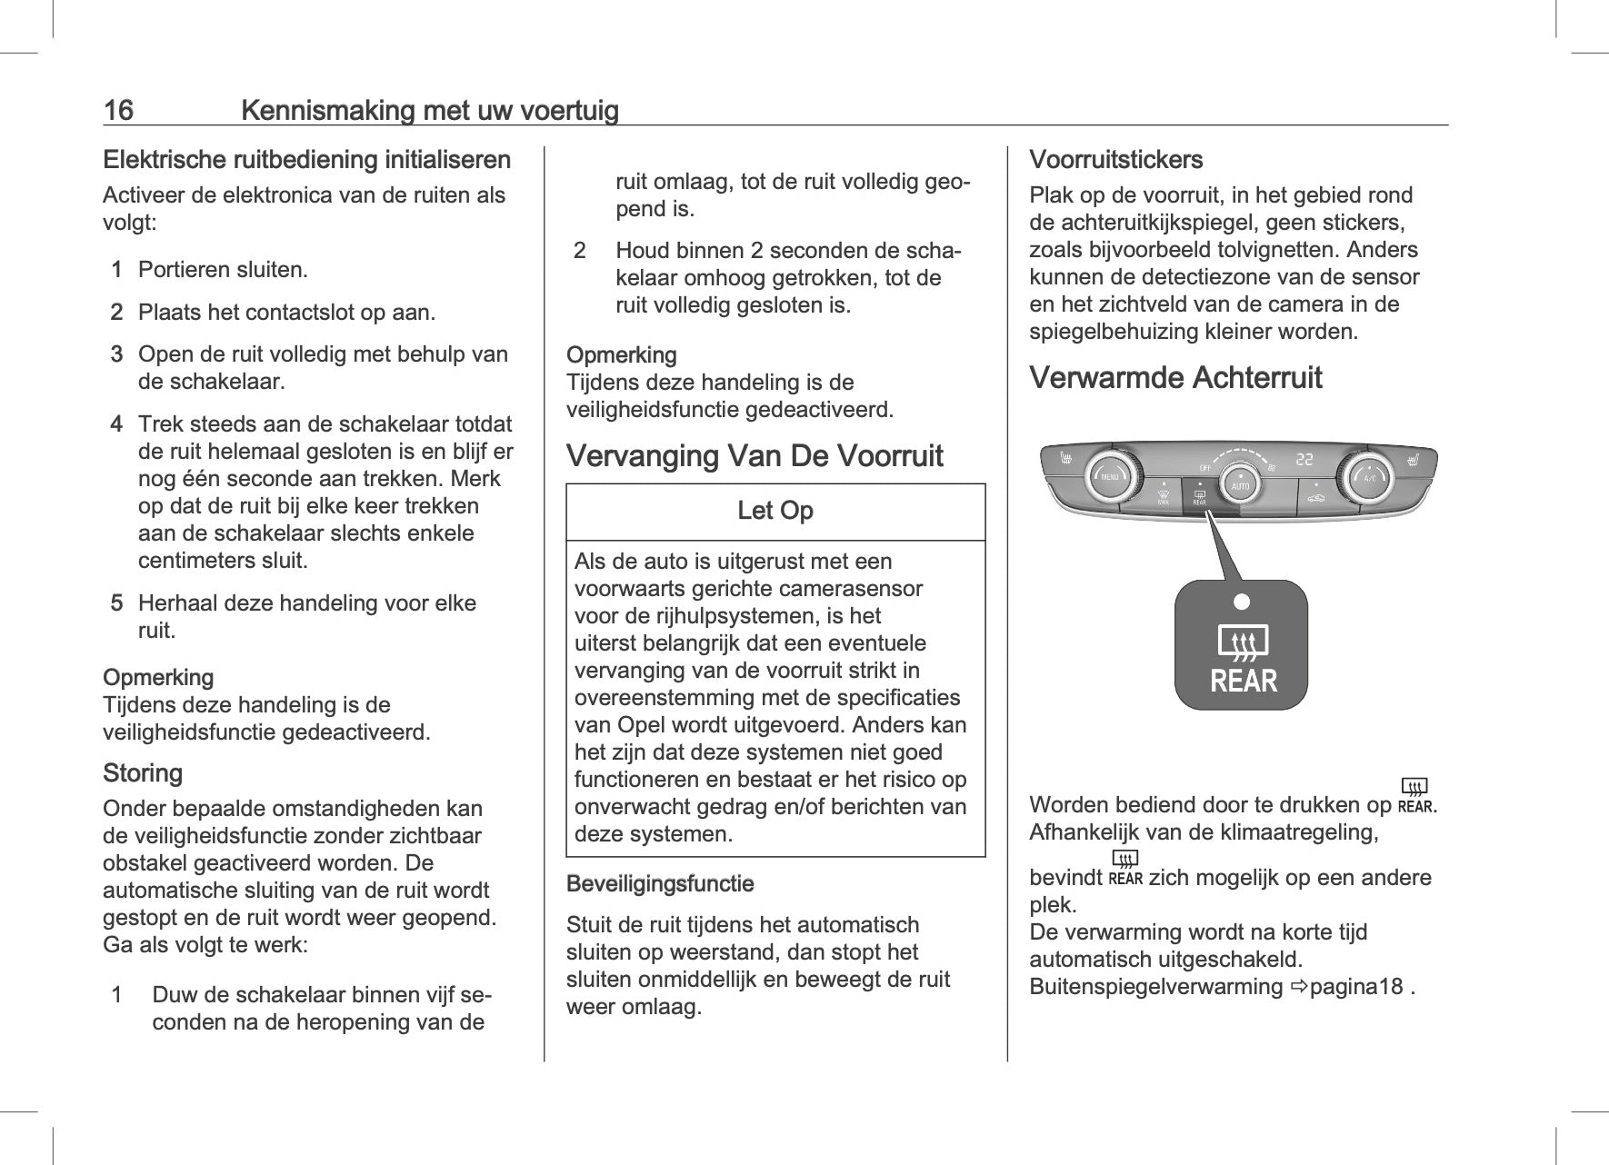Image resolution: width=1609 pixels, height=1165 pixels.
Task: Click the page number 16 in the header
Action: tap(118, 111)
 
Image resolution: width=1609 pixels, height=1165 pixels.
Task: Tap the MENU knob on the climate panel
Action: tap(1110, 476)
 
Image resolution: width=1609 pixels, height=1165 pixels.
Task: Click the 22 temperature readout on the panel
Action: tap(1304, 459)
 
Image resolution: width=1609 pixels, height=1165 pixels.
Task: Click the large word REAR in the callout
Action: tap(1243, 681)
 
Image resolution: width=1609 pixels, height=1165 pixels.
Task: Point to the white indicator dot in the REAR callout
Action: tap(1242, 602)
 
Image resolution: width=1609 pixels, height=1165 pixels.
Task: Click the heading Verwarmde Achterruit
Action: tap(1175, 377)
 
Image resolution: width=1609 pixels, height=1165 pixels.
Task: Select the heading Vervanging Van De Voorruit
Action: tap(755, 455)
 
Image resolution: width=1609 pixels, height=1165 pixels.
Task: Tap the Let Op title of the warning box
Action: tap(775, 511)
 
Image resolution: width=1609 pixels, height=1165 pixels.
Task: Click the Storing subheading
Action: tap(143, 773)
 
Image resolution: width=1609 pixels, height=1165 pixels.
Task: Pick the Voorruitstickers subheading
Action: tap(1115, 160)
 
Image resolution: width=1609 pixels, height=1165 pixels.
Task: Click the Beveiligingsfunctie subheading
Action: tap(660, 883)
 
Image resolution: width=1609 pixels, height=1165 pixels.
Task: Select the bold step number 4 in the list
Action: tap(116, 424)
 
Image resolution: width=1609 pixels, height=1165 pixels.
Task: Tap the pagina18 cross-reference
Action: tap(1357, 987)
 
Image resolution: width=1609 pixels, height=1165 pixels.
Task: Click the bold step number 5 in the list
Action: tap(116, 603)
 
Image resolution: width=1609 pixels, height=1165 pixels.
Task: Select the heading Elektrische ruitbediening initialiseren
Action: tap(306, 160)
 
